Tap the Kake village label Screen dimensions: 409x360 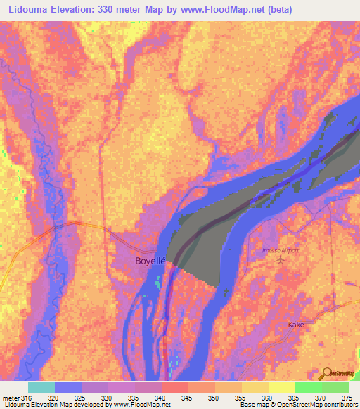(x=295, y=325)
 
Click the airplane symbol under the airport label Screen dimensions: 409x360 (x=282, y=260)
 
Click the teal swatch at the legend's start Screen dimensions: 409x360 (x=41, y=387)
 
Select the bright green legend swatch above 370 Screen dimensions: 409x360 (x=308, y=387)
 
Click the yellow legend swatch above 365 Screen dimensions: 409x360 (x=281, y=387)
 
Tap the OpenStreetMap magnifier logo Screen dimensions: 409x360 (x=328, y=373)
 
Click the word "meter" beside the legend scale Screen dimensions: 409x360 (x=11, y=398)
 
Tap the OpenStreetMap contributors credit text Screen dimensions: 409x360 (x=309, y=405)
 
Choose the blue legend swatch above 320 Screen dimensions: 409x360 (x=67, y=387)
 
